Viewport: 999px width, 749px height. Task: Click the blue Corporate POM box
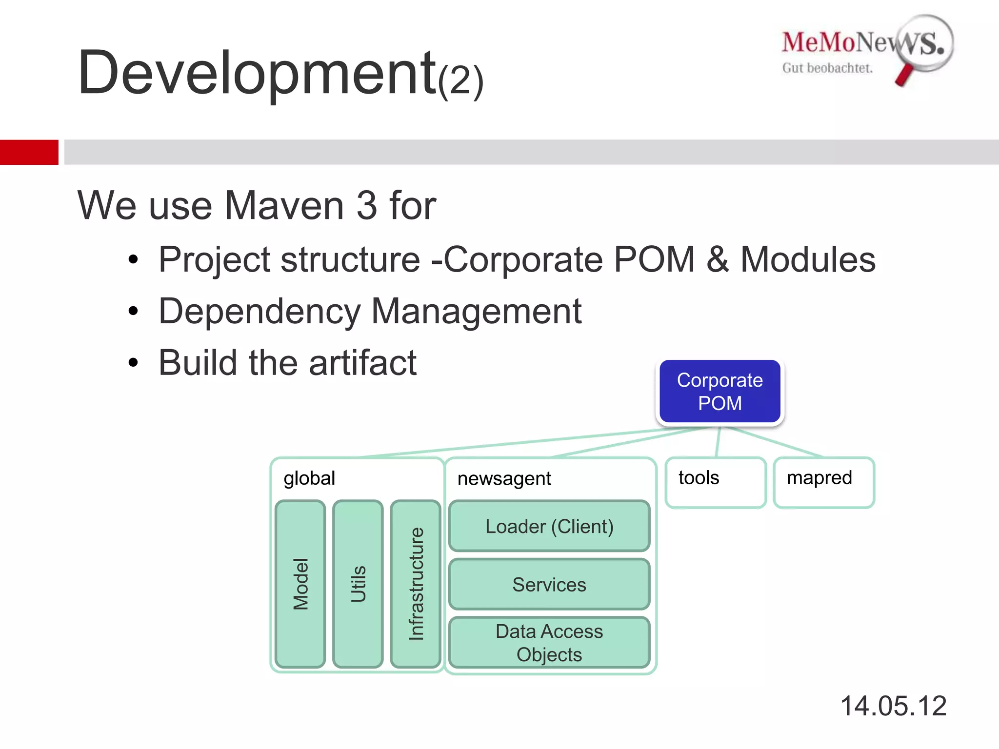pos(719,392)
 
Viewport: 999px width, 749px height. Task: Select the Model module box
pos(300,584)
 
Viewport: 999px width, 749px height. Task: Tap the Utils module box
pos(358,584)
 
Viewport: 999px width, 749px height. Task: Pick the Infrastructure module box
pos(416,584)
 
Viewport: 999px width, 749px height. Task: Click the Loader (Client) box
pos(549,526)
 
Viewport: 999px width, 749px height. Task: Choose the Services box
pos(549,584)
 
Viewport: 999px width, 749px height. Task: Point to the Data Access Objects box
pos(549,643)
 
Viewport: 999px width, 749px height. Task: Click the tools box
pos(715,482)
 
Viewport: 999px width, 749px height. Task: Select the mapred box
pos(824,482)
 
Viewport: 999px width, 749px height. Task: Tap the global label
pos(309,478)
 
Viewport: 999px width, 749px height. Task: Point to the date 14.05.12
pos(893,706)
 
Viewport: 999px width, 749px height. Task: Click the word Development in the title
pos(257,73)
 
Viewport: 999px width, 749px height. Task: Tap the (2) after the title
pos(460,81)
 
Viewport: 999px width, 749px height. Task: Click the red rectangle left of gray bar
pos(29,152)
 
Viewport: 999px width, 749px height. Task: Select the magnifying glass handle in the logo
pos(904,75)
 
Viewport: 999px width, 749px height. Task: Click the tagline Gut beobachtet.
pos(827,68)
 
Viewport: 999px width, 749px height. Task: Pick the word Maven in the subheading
pos(285,205)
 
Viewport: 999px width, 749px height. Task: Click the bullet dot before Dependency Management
pos(133,311)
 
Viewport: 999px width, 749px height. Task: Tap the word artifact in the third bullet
pos(362,363)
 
